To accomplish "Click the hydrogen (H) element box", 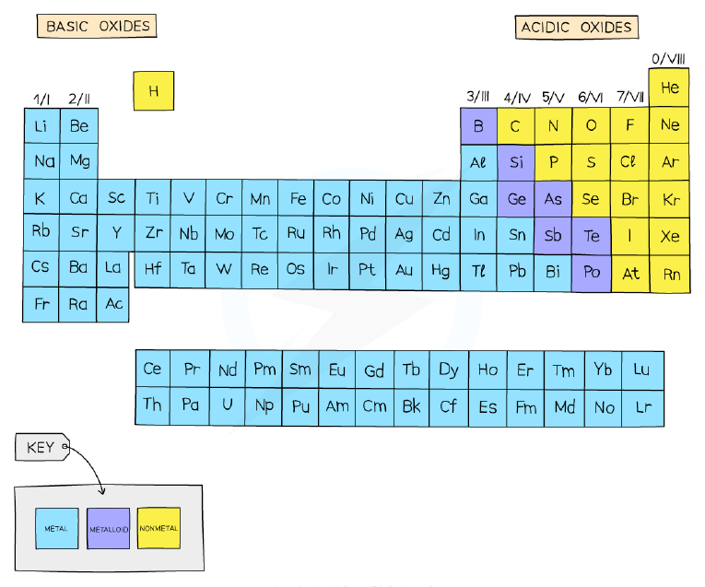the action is tap(153, 91).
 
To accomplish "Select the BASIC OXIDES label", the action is tap(97, 26).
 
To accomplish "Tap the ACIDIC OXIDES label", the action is tap(576, 28).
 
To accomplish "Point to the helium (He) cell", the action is tap(669, 88).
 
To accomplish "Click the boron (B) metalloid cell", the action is tap(479, 126).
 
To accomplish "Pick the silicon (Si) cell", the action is tap(516, 163).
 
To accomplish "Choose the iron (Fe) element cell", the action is tap(297, 198).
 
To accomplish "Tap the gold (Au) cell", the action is tap(404, 270).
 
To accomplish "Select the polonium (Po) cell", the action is tap(592, 273).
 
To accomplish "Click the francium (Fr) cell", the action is tap(41, 304).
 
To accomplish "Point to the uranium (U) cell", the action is tap(228, 405).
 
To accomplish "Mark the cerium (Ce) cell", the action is tap(153, 369).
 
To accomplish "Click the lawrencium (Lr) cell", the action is tap(643, 407).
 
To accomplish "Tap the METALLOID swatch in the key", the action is tap(109, 529).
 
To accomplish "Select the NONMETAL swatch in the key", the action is tap(159, 529).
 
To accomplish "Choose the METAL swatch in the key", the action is tap(56, 529).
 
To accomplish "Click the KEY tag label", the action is tap(41, 447).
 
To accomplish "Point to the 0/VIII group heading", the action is tap(668, 59).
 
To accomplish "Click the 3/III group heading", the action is tap(477, 96).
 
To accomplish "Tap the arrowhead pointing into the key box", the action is tap(102, 491).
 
